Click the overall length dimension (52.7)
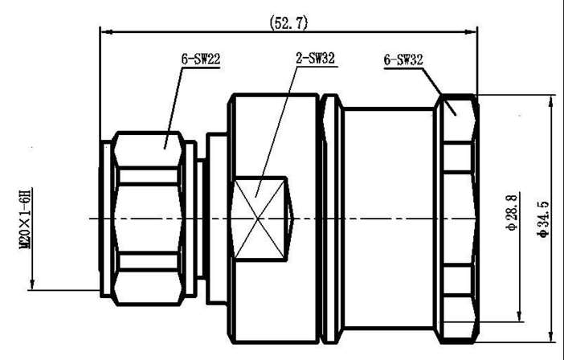[x=288, y=22]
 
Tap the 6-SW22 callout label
[x=201, y=59]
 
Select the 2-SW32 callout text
[x=316, y=58]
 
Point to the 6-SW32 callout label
[x=403, y=59]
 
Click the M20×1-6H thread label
[x=26, y=219]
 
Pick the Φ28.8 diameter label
[x=513, y=212]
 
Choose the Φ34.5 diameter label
[x=543, y=219]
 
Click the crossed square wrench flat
[x=260, y=219]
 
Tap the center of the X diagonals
[x=259, y=219]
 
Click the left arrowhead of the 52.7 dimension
[x=107, y=32]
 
